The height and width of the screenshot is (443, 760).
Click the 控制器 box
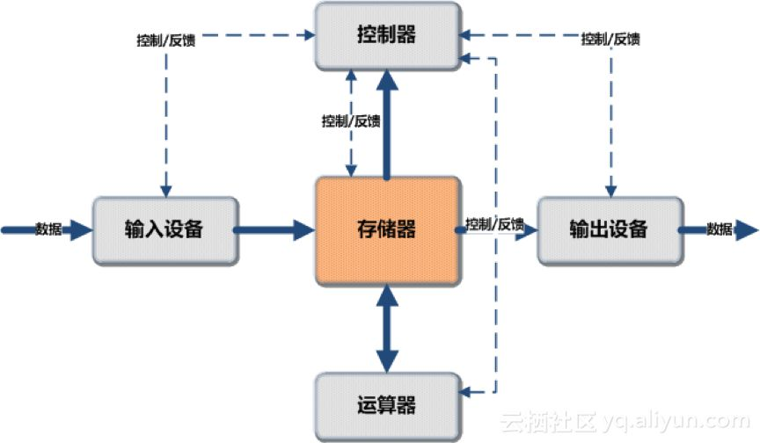[387, 36]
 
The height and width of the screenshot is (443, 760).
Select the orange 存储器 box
[387, 230]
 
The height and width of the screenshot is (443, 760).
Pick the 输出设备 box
[608, 230]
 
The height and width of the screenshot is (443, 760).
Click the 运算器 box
[387, 406]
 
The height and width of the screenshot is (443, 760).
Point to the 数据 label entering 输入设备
[48, 230]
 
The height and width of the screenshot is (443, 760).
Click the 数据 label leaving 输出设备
[720, 230]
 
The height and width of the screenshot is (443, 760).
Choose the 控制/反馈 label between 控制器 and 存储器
[351, 121]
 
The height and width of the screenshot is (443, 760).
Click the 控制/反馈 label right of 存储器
[495, 224]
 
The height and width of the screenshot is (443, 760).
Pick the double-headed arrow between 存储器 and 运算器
[386, 328]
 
